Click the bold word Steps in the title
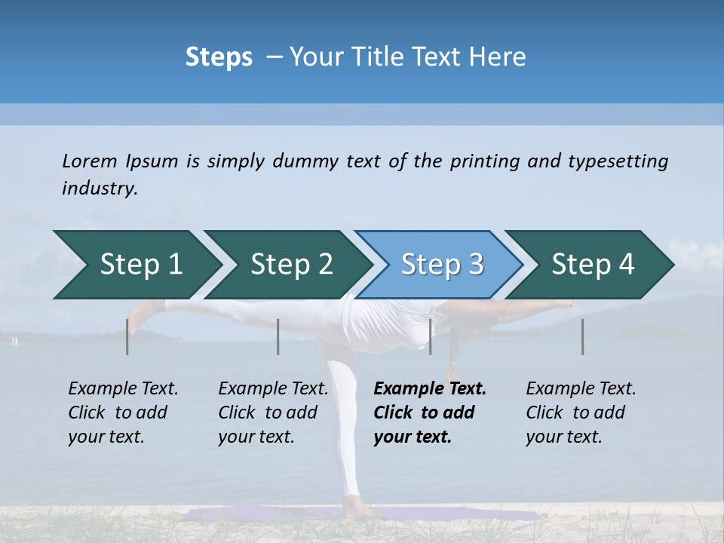pyautogui.click(x=219, y=57)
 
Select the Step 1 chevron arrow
pyautogui.click(x=136, y=265)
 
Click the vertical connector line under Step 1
pyautogui.click(x=127, y=336)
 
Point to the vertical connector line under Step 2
pyautogui.click(x=278, y=336)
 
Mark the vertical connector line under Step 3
pyautogui.click(x=430, y=336)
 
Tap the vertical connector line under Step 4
pyautogui.click(x=582, y=336)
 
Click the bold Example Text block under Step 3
pyautogui.click(x=430, y=413)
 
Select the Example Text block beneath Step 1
pyautogui.click(x=124, y=413)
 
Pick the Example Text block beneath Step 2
pyautogui.click(x=273, y=413)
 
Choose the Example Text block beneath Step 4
pyautogui.click(x=581, y=413)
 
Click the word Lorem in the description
pyautogui.click(x=90, y=161)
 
